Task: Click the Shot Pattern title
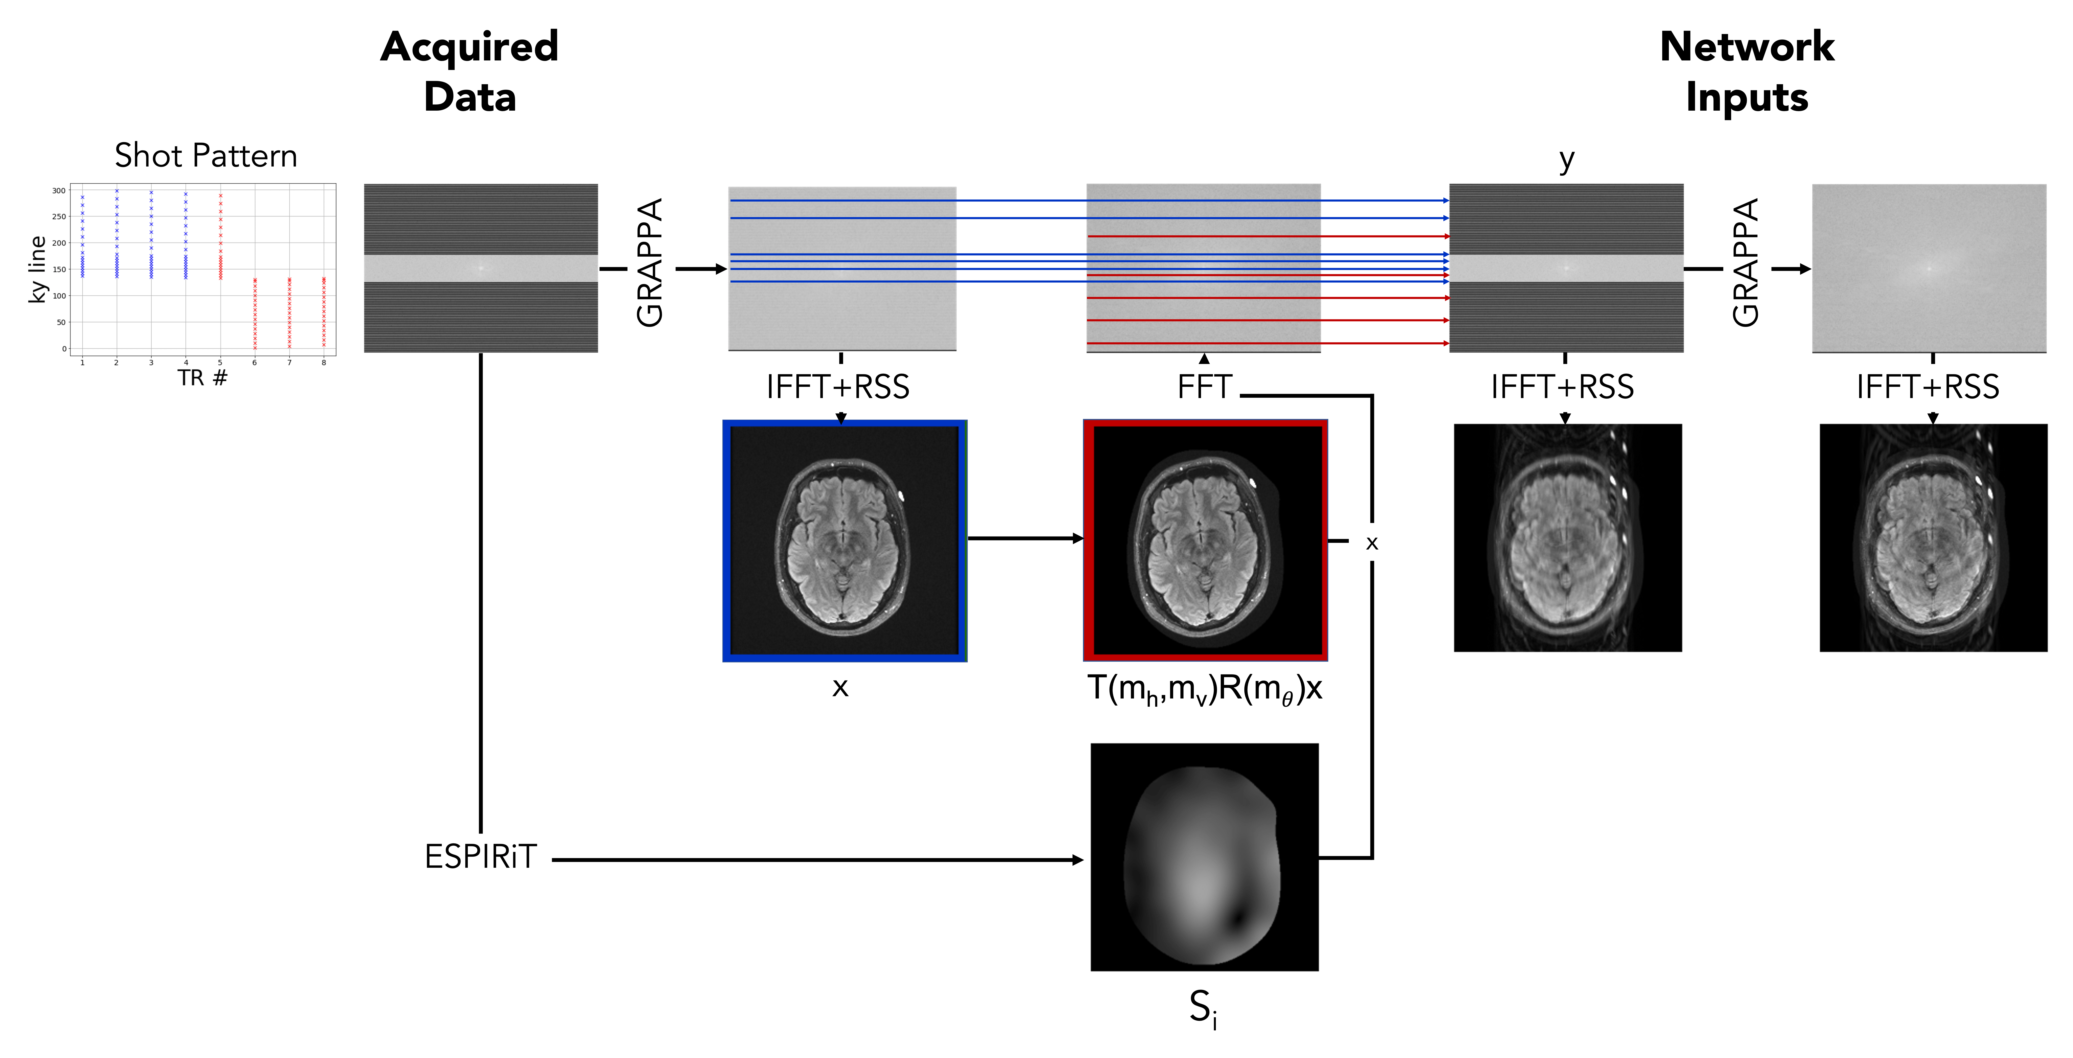(206, 155)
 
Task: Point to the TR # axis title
(203, 377)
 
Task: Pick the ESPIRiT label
(480, 857)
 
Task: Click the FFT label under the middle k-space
(1204, 387)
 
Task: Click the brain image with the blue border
(844, 541)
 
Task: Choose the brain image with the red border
(1205, 541)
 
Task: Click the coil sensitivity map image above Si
(1204, 857)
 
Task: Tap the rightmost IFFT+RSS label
(1927, 387)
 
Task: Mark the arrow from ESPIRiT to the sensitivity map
(817, 859)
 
